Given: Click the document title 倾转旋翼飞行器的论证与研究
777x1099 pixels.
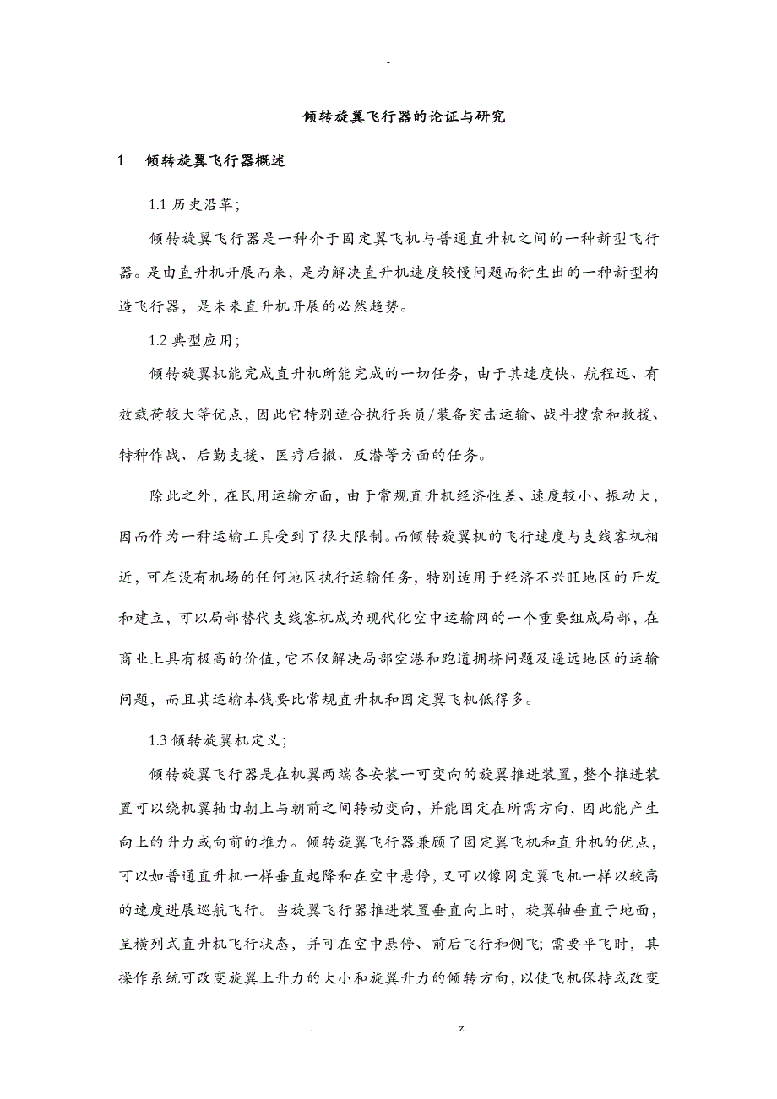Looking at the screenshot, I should click(404, 117).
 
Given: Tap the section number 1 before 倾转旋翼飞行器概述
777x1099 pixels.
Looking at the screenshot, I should click(122, 161).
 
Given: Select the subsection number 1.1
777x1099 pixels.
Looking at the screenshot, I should click(158, 205).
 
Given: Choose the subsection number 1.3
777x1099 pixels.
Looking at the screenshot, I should click(158, 740).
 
